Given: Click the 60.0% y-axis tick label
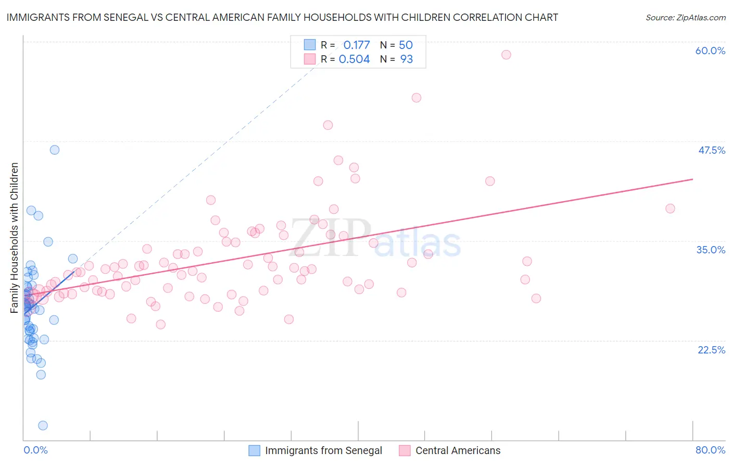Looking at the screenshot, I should click(710, 51).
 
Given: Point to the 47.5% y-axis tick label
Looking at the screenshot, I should click(711, 150).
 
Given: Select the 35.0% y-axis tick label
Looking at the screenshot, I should click(711, 250).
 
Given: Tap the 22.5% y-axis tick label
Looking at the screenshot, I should click(711, 350).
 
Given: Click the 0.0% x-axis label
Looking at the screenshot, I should click(35, 450).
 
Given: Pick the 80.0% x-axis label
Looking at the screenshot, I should click(710, 450).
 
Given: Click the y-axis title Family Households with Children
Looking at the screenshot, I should click(14, 238).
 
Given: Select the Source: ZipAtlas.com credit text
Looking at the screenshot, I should click(685, 18).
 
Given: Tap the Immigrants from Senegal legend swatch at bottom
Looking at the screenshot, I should click(254, 450).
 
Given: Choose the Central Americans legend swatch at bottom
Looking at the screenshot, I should click(405, 450).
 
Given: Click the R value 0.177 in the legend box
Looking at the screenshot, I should click(356, 45).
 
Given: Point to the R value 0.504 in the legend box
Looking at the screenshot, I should click(354, 59).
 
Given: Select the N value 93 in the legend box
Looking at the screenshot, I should click(406, 59).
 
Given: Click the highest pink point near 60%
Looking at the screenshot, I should click(506, 55).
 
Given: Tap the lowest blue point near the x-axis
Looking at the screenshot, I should click(43, 425).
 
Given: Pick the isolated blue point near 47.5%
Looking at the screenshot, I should click(54, 150).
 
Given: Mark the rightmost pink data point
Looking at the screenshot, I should click(670, 209).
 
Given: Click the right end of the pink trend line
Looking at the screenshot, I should click(692, 179).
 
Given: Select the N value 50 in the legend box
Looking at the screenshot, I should click(406, 45).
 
